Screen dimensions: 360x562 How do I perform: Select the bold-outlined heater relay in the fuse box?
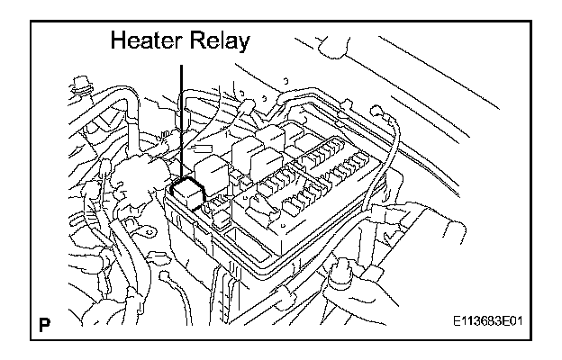(187, 192)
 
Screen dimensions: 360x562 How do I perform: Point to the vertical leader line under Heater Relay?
(182, 117)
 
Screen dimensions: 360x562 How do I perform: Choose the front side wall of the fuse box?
(225, 247)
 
